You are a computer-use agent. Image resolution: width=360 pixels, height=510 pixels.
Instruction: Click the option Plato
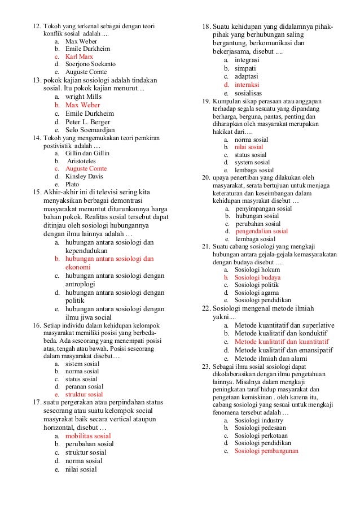point(72,184)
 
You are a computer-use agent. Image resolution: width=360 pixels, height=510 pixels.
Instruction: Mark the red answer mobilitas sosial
point(88,435)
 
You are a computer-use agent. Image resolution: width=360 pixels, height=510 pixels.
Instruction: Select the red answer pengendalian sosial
point(262,231)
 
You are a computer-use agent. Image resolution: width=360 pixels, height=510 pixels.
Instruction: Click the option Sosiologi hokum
point(256,270)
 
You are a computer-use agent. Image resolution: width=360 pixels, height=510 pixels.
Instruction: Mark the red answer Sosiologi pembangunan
point(267,451)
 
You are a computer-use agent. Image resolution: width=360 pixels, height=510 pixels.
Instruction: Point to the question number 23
point(206,368)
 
